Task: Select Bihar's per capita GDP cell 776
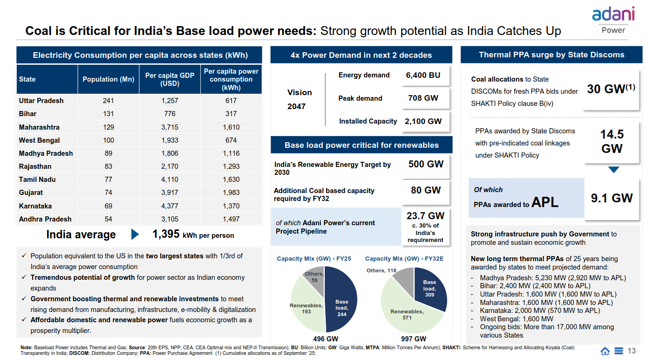(x=169, y=114)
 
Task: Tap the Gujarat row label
(x=31, y=193)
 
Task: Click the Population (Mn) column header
(x=108, y=79)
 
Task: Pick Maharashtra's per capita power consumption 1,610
(x=231, y=127)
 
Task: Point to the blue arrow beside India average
(x=135, y=235)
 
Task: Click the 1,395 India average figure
(x=166, y=235)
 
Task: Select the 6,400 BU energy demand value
(x=423, y=76)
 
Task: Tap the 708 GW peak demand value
(x=423, y=98)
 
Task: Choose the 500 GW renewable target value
(x=426, y=164)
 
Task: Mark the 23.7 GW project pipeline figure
(x=425, y=216)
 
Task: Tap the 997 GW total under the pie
(x=413, y=339)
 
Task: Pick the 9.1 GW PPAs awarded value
(x=612, y=198)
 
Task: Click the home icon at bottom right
(x=605, y=351)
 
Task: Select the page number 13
(x=632, y=351)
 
